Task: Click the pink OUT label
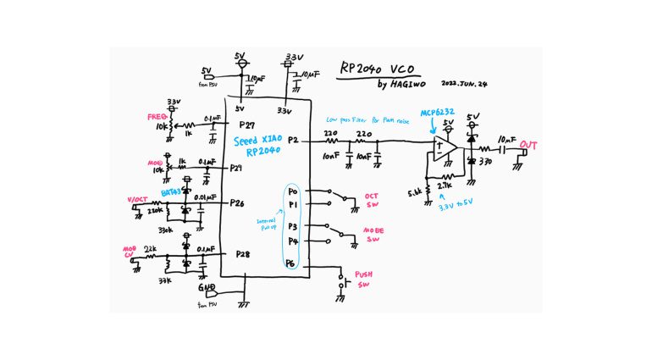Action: point(529,144)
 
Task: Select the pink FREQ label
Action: point(155,116)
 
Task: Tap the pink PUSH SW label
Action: point(364,279)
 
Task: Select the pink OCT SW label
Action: point(371,200)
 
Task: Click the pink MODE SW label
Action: point(373,235)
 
